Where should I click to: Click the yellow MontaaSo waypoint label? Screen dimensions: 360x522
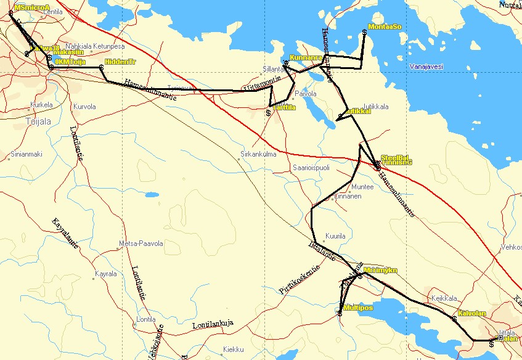click(x=385, y=27)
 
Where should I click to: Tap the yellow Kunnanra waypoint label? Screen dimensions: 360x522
click(x=306, y=57)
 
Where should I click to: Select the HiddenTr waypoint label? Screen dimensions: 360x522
click(x=120, y=62)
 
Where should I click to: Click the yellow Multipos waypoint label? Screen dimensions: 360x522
click(x=357, y=308)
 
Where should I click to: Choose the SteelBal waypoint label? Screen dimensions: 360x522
click(x=395, y=158)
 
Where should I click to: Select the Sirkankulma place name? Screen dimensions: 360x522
click(x=258, y=154)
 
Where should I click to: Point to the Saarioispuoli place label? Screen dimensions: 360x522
click(x=311, y=167)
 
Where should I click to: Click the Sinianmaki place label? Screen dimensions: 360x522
click(x=26, y=154)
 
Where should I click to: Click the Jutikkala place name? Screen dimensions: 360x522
click(x=376, y=107)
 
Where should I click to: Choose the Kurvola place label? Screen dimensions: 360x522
click(x=84, y=106)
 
